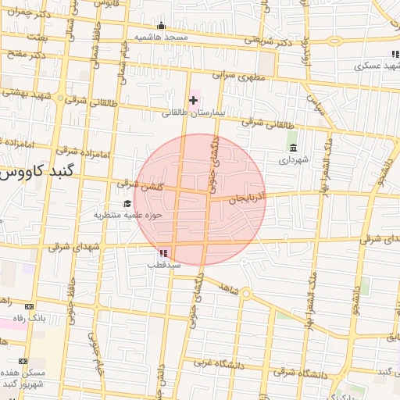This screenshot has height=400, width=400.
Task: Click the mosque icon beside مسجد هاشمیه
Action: click(162, 26)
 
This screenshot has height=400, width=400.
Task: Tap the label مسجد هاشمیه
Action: click(160, 37)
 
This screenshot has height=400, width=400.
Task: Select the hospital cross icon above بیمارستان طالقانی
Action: click(193, 100)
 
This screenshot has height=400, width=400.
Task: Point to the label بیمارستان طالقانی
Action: click(193, 112)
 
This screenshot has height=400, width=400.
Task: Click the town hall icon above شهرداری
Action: click(293, 148)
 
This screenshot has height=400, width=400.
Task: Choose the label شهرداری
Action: click(294, 159)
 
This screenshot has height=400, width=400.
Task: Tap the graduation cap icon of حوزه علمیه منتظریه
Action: click(127, 204)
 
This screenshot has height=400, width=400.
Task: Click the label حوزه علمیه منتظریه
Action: click(127, 215)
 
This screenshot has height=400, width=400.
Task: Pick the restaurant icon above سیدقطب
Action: click(163, 252)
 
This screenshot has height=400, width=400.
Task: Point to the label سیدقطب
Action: click(163, 264)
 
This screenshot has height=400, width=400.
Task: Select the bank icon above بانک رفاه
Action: click(30, 306)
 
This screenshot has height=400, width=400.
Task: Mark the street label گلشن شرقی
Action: click(139, 184)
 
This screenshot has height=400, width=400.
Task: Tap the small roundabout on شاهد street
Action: click(246, 294)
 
